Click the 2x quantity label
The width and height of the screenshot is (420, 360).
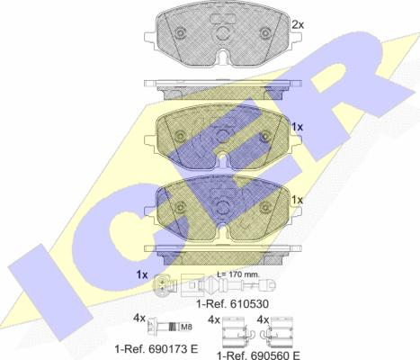[298, 25]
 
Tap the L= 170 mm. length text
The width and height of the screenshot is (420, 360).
[238, 274]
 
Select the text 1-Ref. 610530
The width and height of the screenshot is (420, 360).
[233, 304]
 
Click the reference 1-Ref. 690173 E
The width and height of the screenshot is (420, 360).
[156, 348]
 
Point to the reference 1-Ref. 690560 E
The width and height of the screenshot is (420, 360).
[258, 355]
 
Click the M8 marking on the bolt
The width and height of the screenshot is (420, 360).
[186, 327]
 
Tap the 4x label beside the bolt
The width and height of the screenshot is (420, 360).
[139, 318]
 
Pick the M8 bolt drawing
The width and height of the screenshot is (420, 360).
[165, 327]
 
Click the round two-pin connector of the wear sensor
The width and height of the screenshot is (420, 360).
[162, 284]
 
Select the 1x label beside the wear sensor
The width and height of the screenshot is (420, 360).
[142, 274]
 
